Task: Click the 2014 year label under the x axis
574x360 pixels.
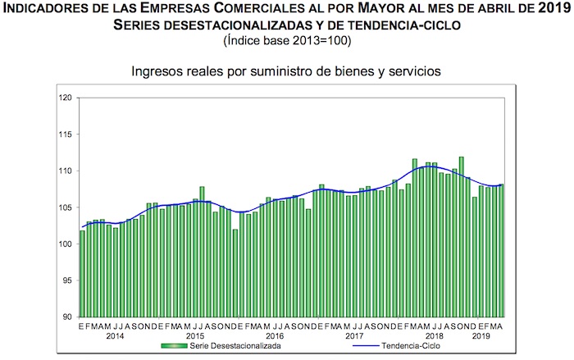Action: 115,336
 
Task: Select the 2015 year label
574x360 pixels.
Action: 195,336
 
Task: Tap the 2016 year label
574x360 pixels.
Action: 275,336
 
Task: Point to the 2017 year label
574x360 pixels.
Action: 354,336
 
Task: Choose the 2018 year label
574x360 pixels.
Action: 434,336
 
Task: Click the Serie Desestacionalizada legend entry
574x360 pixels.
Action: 244,347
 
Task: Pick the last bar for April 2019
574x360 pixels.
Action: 502,250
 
